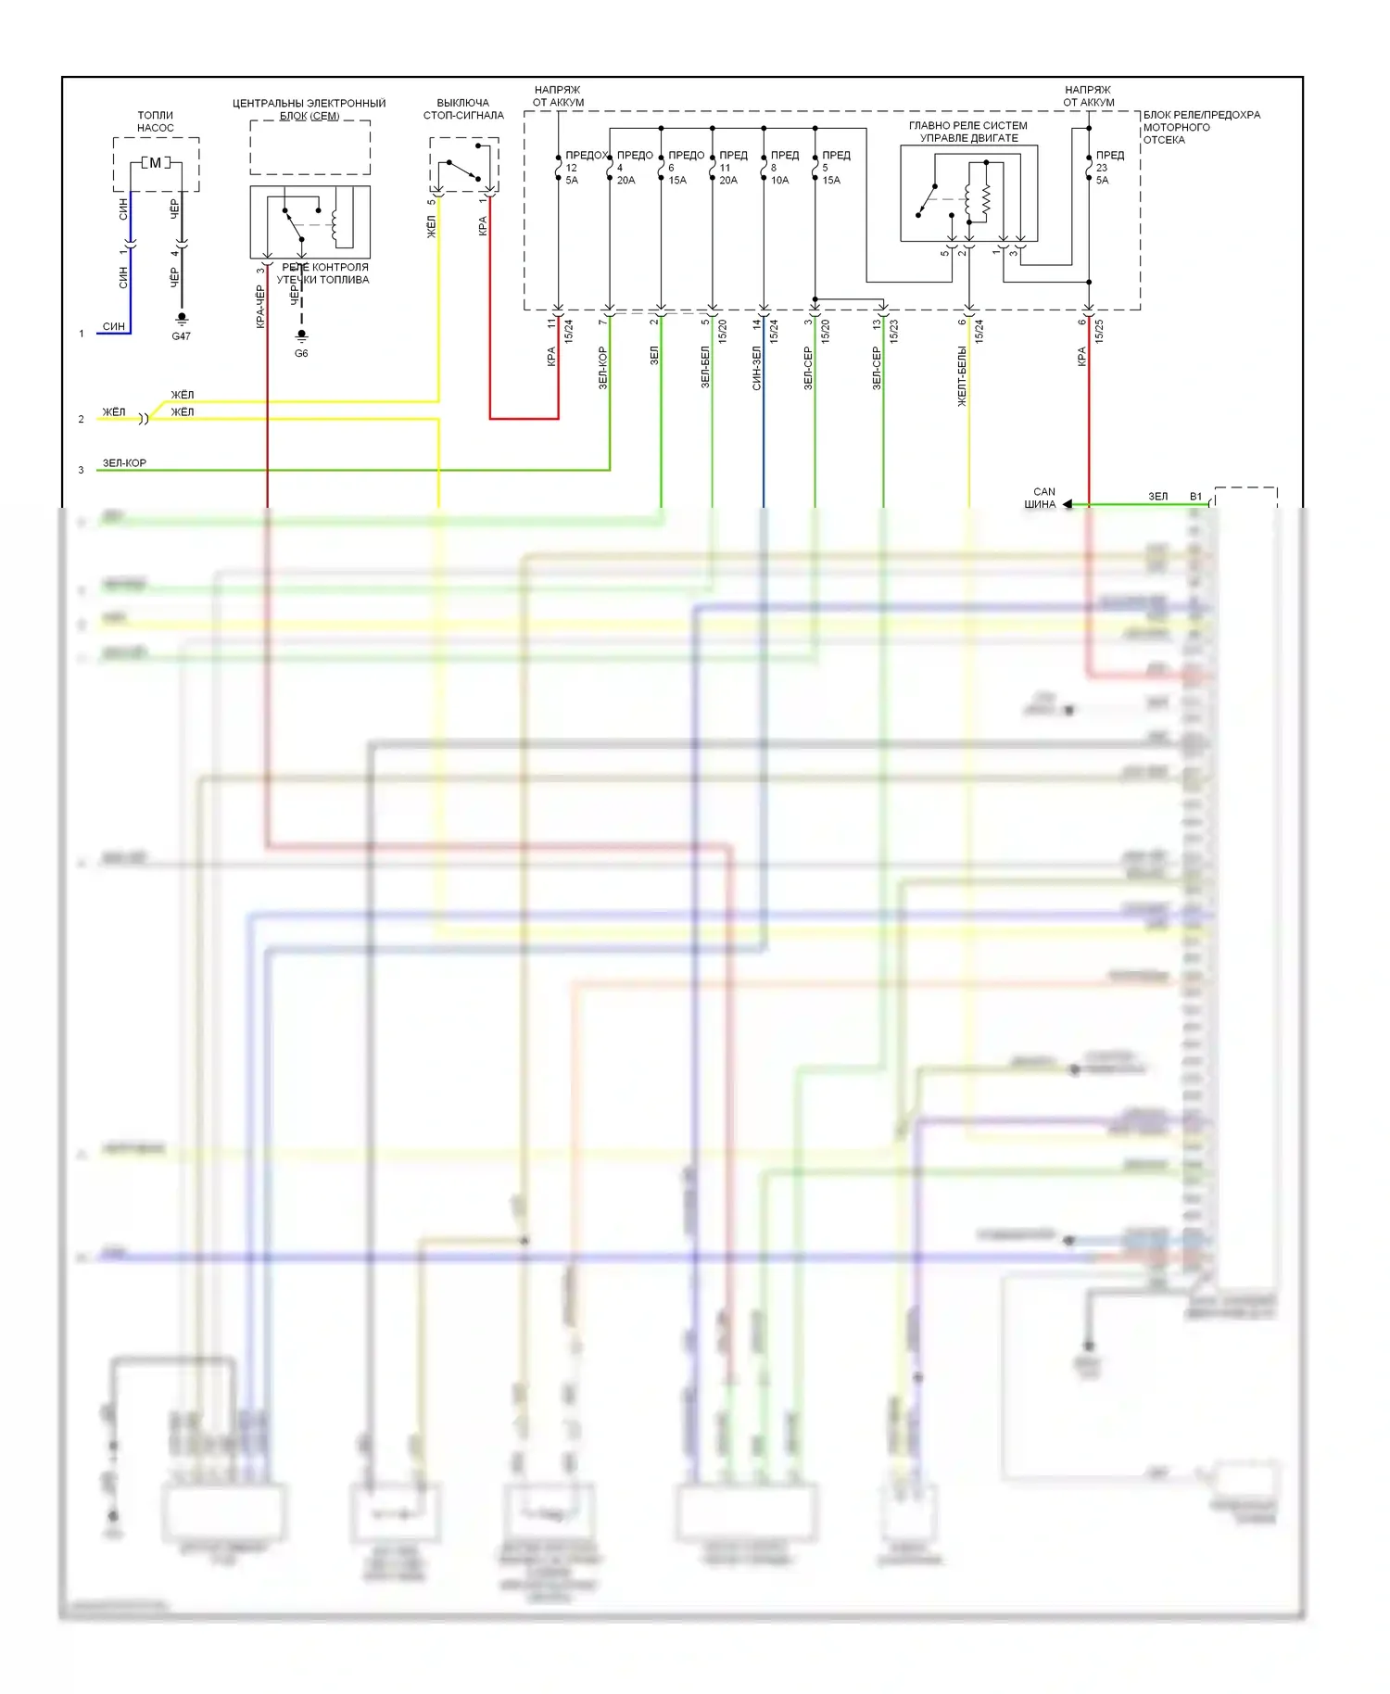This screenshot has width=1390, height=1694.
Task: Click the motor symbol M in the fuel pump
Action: coord(155,163)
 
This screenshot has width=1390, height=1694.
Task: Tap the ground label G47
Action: coord(181,336)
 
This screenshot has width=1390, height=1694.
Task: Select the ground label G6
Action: coord(301,353)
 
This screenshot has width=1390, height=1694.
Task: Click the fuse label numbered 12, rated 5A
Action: coord(572,173)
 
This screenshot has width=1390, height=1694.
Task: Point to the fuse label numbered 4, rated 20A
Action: coord(625,173)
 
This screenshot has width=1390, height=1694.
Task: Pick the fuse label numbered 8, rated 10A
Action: coord(779,173)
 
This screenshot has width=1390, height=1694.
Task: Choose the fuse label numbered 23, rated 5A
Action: coord(1102,173)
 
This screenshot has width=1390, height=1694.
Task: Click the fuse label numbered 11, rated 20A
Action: coord(728,173)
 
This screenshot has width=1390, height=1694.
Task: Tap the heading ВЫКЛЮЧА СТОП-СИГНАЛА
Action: coord(463,109)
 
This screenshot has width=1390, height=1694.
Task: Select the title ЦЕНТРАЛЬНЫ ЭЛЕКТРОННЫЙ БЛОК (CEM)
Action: coord(309,109)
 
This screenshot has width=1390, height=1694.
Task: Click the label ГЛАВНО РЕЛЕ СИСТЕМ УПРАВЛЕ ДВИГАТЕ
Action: coord(968,132)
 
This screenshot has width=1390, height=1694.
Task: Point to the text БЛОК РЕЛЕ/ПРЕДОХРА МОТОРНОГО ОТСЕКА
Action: coord(1201,127)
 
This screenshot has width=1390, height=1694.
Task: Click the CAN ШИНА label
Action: coord(1042,499)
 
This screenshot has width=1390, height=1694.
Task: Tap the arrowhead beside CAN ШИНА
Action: coord(1068,504)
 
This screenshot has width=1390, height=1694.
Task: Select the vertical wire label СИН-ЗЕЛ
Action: coord(757,367)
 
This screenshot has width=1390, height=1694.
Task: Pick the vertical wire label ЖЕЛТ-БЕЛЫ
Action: coord(962,376)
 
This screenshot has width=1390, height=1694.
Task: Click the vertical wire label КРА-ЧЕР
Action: coord(260,306)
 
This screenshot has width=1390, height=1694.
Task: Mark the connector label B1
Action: coord(1195,497)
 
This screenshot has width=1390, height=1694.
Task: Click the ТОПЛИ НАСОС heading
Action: coord(156,121)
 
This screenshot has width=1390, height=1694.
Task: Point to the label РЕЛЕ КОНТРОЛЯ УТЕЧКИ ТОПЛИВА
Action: coord(323,273)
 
